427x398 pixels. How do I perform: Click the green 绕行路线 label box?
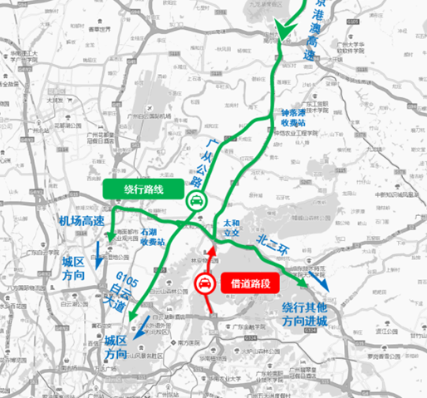click(145, 189)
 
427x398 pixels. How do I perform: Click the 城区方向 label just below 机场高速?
click(74, 268)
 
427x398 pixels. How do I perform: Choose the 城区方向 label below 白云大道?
click(116, 347)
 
